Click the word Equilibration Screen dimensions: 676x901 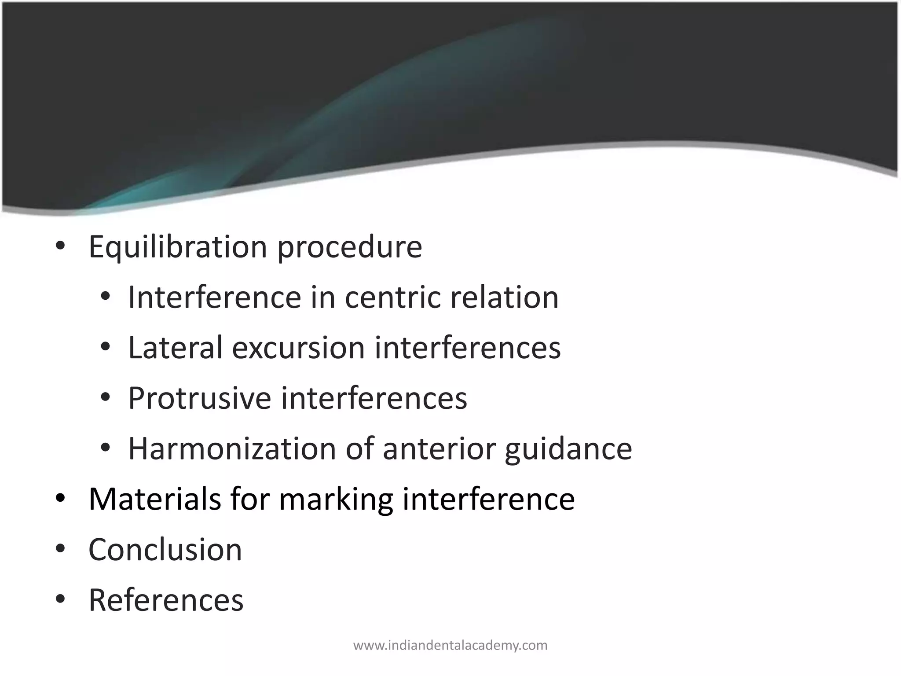pos(178,247)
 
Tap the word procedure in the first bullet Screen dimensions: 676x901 pos(349,247)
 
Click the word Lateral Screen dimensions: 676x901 pos(175,348)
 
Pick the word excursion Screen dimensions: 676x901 pos(299,348)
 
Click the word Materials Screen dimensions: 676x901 pos(155,499)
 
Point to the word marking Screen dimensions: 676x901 pos(336,500)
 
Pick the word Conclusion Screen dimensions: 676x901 pos(165,550)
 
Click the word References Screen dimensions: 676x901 pos(166,600)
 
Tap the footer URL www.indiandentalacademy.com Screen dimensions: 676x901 pos(450,646)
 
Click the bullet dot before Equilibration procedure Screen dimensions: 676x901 pos(60,246)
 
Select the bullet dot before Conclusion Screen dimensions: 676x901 pos(60,549)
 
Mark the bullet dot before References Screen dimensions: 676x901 pos(60,599)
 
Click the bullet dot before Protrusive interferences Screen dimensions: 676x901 pos(105,397)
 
